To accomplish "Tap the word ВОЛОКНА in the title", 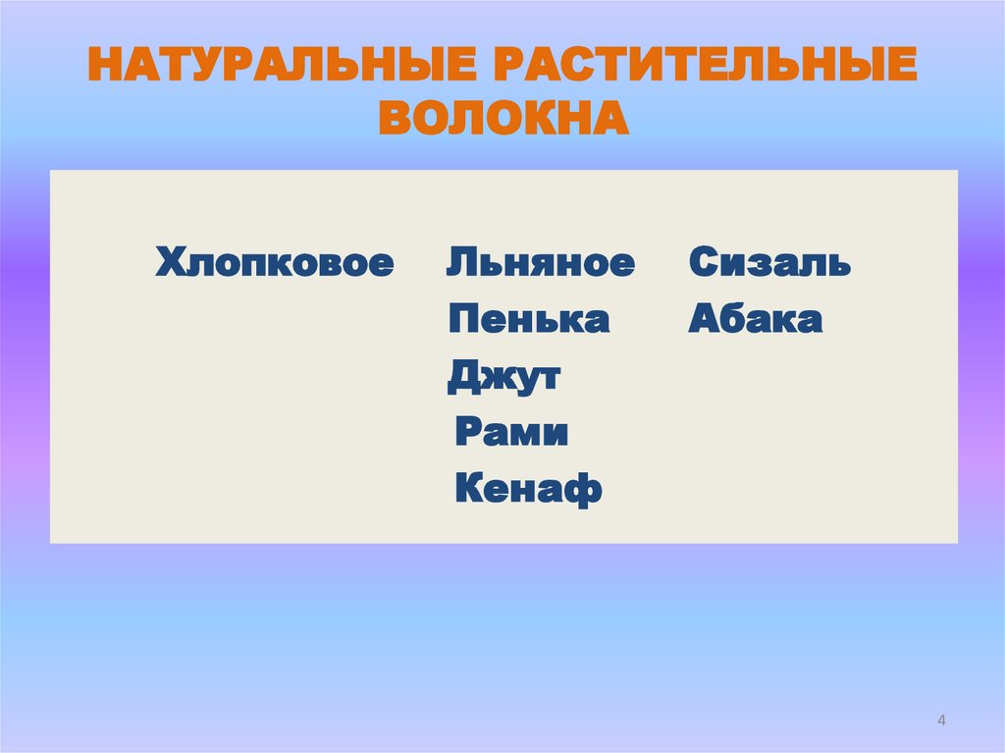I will tap(502, 118).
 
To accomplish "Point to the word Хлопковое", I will tap(275, 263).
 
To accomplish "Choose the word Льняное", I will tap(541, 263).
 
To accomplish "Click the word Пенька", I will tap(528, 320).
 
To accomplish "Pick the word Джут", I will tap(503, 377).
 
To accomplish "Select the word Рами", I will tap(511, 433).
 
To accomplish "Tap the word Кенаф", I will tap(528, 489).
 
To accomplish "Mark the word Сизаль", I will tap(769, 263).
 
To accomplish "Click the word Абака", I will tap(755, 320).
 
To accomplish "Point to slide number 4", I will tap(942, 722).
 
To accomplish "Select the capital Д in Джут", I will tap(462, 377).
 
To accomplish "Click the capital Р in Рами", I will tap(467, 433).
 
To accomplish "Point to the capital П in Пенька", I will tap(463, 320).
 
